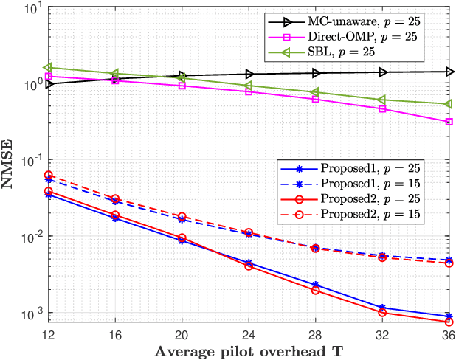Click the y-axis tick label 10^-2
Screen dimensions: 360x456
32,237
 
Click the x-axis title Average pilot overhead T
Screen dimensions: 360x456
249,350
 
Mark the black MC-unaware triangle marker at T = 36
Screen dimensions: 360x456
448,72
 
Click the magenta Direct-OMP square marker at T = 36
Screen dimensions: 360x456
448,122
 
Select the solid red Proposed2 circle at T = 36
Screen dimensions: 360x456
448,322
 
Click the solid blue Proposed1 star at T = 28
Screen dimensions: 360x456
315,285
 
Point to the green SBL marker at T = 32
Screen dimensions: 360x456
381,100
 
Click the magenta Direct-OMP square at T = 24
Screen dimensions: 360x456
249,91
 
